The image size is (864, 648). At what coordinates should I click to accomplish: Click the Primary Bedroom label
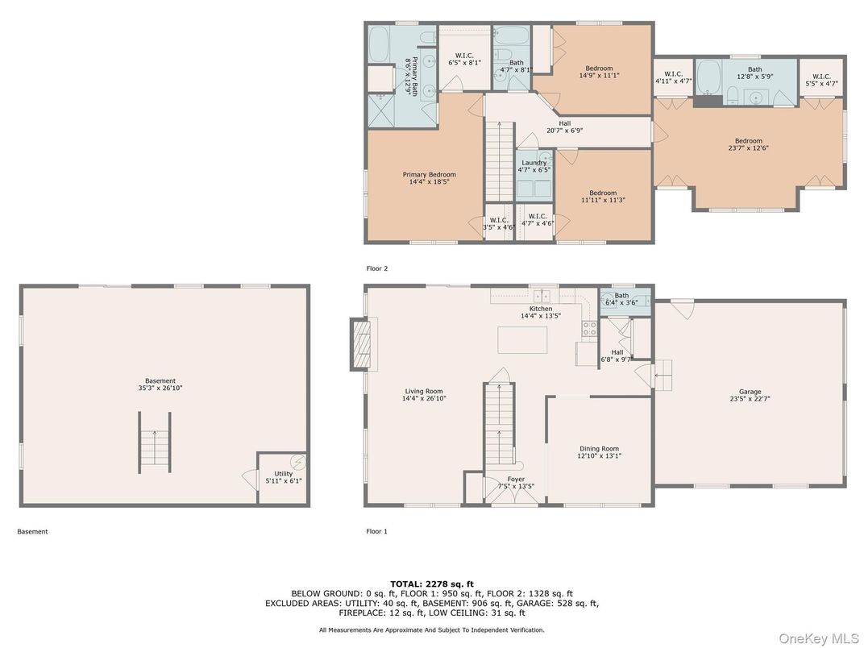pyautogui.click(x=429, y=178)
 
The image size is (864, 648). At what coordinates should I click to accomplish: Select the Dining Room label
pyautogui.click(x=599, y=452)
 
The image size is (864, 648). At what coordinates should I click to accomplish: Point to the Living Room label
pyautogui.click(x=424, y=395)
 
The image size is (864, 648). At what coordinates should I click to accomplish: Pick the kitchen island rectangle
pyautogui.click(x=522, y=339)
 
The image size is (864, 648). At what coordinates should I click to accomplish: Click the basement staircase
pyautogui.click(x=155, y=441)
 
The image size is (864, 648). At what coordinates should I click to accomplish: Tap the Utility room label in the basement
pyautogui.click(x=284, y=477)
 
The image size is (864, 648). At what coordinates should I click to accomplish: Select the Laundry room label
pyautogui.click(x=534, y=166)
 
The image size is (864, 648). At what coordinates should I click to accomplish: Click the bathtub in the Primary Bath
pyautogui.click(x=379, y=41)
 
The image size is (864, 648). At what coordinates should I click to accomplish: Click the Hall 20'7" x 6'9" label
pyautogui.click(x=564, y=127)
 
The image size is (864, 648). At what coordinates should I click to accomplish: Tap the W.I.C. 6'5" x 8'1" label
pyautogui.click(x=464, y=58)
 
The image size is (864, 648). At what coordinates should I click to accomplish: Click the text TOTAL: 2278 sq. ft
pyautogui.click(x=432, y=583)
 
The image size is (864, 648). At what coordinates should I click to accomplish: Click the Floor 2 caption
pyautogui.click(x=376, y=268)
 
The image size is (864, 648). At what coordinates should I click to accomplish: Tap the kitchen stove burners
pyautogui.click(x=589, y=327)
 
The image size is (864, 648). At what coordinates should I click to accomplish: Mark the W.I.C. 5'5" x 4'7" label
pyautogui.click(x=820, y=78)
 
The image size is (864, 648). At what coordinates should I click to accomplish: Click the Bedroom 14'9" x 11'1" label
pyautogui.click(x=599, y=72)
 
